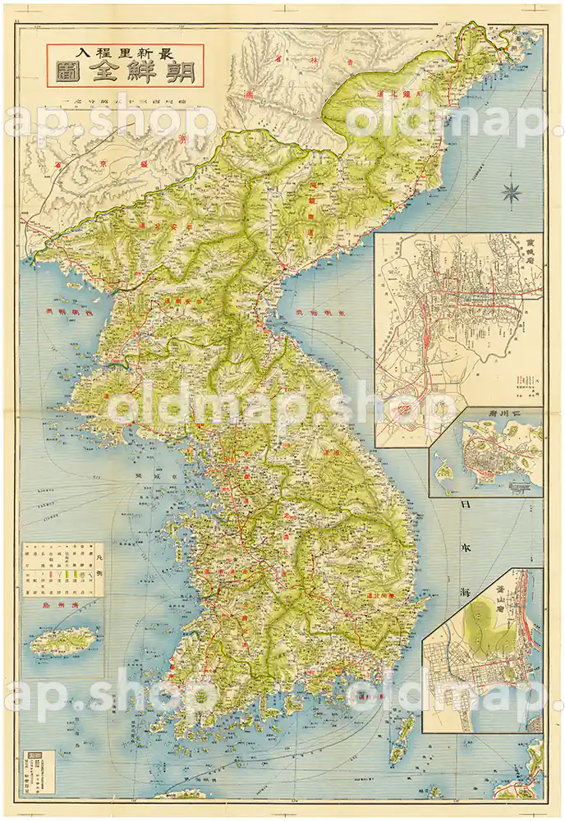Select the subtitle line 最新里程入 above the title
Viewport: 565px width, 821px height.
pos(124,51)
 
